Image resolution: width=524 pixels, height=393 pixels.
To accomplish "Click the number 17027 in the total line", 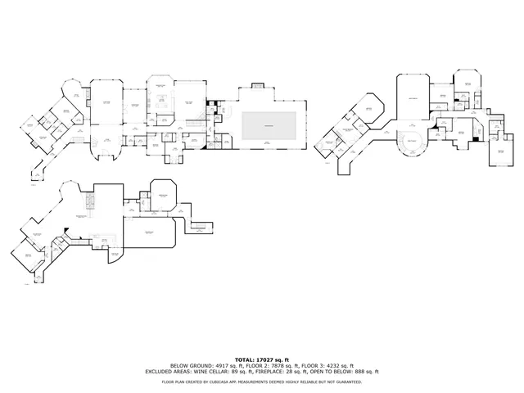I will (x=264, y=359).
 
